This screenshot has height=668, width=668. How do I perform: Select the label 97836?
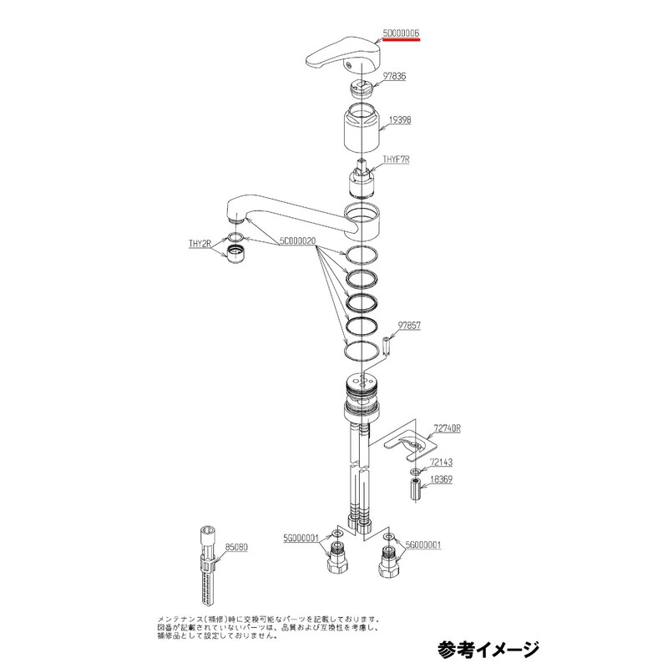click(394, 76)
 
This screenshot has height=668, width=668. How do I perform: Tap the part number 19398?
click(399, 120)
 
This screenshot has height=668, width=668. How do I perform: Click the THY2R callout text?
click(200, 244)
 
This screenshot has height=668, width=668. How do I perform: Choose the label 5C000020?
click(297, 240)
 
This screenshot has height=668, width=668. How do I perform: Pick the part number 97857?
click(409, 324)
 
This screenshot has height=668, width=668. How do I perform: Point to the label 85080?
click(237, 548)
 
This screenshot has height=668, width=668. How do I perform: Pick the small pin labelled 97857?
click(387, 344)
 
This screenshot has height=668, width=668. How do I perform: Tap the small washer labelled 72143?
click(413, 472)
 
